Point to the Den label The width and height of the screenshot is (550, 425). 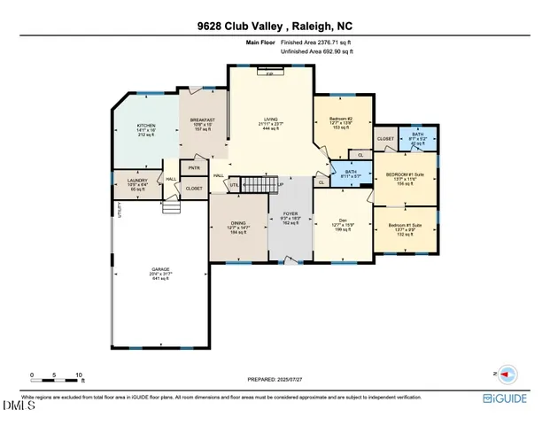342,222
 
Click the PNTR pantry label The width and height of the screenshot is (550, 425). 194,166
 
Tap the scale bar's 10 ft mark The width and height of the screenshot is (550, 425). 80,375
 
